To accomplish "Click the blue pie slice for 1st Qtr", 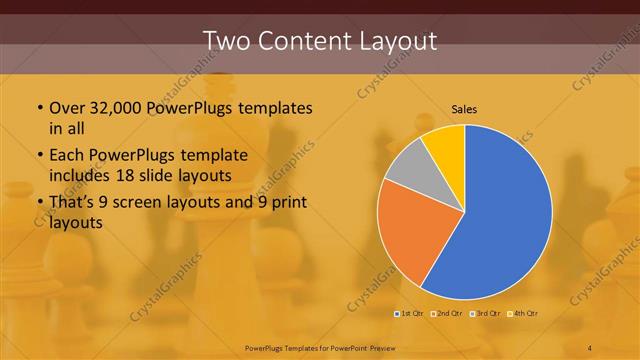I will (x=500, y=220).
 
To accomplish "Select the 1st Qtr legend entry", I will (x=410, y=314).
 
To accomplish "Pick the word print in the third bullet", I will (x=288, y=204).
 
